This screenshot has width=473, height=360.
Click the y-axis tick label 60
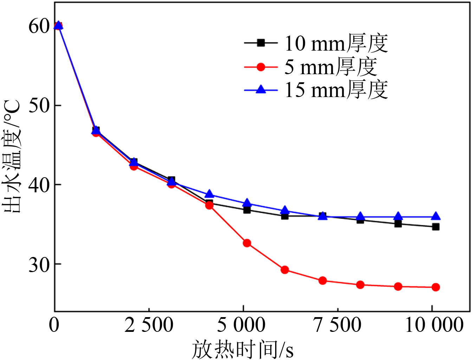coord(38,26)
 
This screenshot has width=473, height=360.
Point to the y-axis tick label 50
coord(38,105)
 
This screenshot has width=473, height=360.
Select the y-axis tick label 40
coord(38,185)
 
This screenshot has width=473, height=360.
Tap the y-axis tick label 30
coord(38,264)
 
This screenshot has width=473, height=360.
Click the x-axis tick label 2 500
coord(149,325)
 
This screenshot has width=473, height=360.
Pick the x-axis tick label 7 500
coord(337,325)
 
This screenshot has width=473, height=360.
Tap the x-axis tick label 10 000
coord(434,325)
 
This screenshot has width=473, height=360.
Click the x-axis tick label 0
coord(54,325)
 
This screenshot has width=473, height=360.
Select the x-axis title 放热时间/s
coord(243,349)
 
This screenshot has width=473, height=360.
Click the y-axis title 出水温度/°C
coord(12,156)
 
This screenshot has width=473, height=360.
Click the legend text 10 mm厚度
coord(336,44)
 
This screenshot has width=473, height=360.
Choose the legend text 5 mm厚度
coord(330,67)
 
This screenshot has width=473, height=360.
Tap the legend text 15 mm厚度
coord(336,90)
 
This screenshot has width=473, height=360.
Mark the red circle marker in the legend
coord(261,67)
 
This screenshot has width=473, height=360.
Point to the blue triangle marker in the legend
coord(261,90)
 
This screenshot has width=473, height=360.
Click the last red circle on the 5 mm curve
coord(436,287)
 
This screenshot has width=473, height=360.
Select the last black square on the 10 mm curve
coord(436,227)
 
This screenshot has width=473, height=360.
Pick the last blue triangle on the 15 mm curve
coord(436,217)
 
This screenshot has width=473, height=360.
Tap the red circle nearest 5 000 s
coord(247,243)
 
